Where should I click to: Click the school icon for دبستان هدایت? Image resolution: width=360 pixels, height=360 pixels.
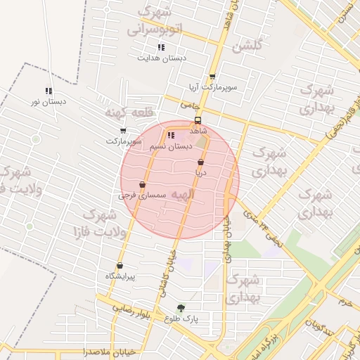(162, 47)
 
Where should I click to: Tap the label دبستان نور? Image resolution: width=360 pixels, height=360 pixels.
(49, 101)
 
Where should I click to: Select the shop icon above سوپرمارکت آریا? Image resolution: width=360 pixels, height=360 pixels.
(212, 77)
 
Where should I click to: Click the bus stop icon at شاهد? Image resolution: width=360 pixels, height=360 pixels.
(198, 120)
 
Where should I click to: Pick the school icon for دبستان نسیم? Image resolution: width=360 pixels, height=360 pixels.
(171, 135)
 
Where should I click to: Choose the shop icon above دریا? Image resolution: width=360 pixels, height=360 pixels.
(201, 162)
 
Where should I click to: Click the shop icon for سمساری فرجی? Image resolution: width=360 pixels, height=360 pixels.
(143, 184)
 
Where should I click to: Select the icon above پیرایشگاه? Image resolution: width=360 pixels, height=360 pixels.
(120, 266)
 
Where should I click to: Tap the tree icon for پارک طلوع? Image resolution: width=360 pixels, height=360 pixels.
(181, 307)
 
